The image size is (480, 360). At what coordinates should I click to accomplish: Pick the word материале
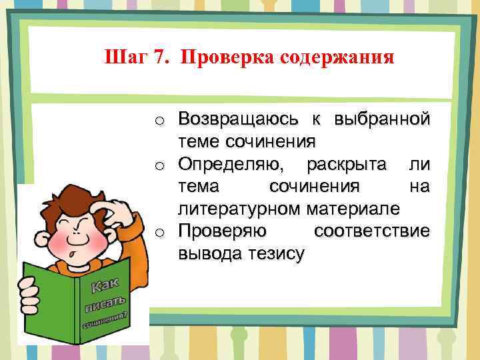point(353,209)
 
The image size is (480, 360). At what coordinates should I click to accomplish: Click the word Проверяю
point(223,231)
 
